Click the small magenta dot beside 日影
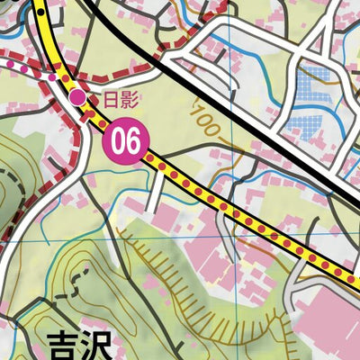[x=78, y=96]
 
